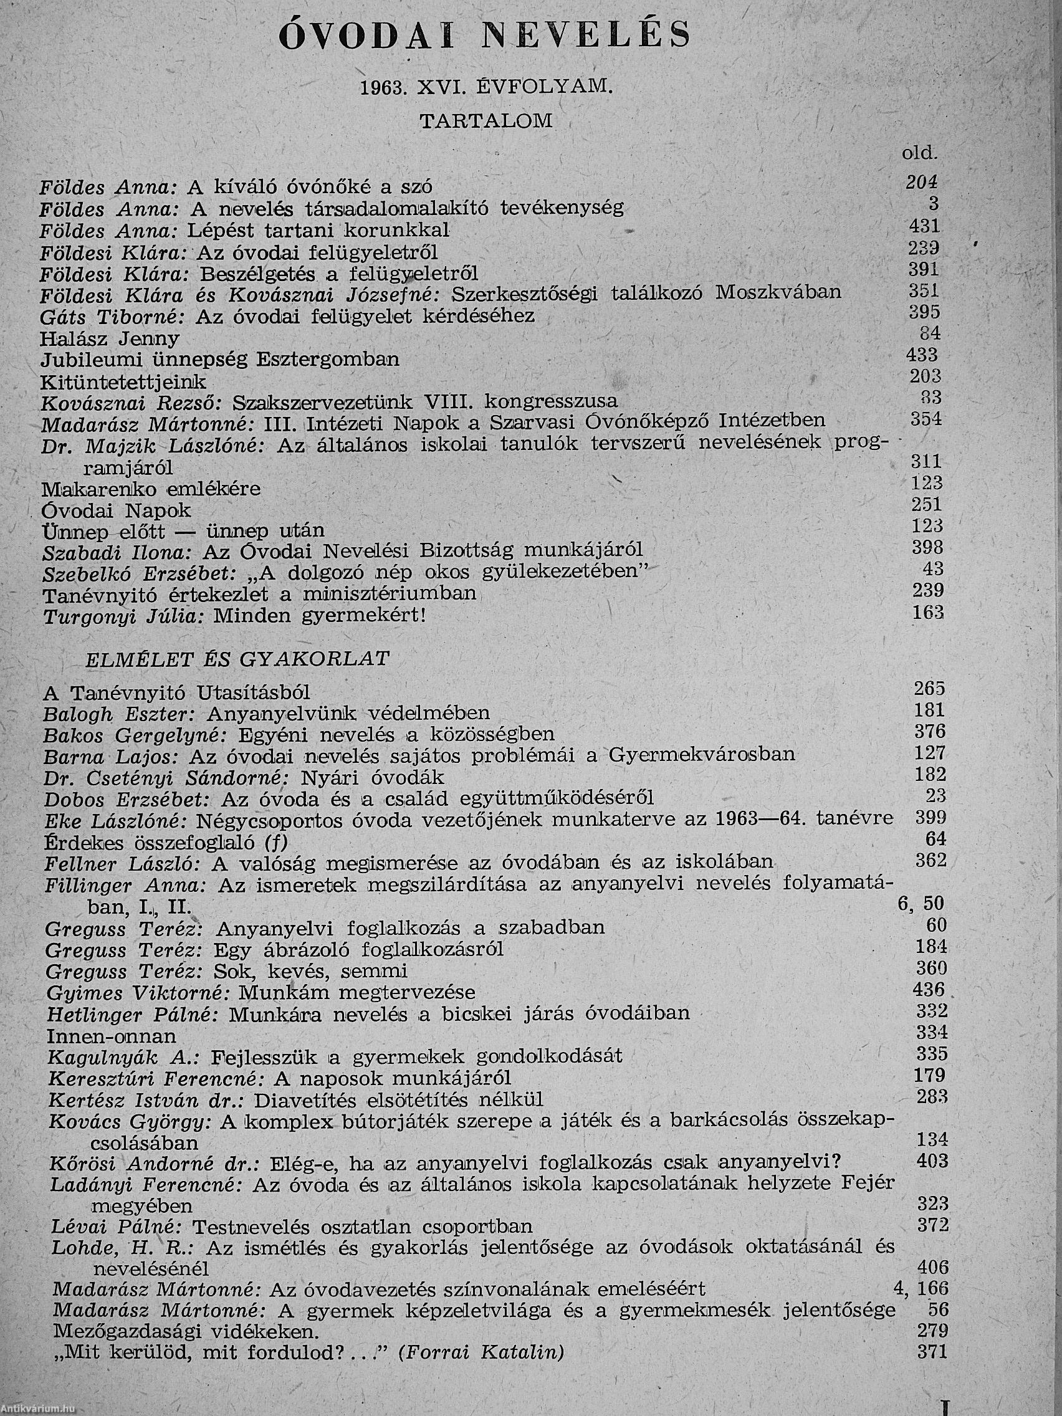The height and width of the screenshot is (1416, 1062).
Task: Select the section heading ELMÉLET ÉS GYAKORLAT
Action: (x=237, y=659)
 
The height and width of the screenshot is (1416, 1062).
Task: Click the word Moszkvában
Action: (x=778, y=292)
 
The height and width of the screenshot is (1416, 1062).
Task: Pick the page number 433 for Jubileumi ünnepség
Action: (x=922, y=354)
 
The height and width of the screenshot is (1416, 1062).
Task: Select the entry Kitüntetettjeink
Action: (x=123, y=382)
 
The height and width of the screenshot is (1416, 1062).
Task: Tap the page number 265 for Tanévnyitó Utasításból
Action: (x=929, y=689)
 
